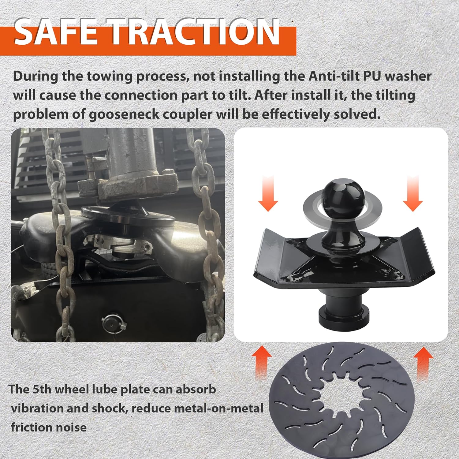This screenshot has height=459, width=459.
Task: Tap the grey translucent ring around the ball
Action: tap(342, 208)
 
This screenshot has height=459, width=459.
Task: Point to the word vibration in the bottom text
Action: tap(37, 409)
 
